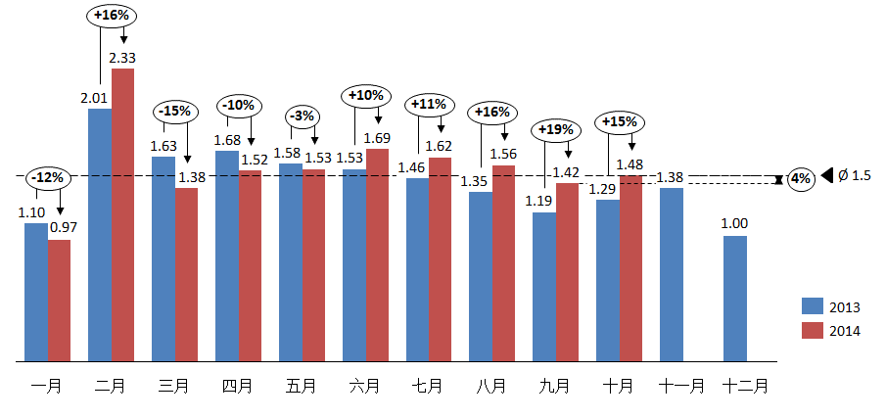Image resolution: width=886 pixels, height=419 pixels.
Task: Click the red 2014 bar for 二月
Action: click(x=123, y=214)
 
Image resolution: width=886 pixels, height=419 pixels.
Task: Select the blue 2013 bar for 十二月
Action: click(x=735, y=298)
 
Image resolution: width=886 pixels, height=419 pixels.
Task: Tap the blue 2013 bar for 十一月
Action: click(x=672, y=274)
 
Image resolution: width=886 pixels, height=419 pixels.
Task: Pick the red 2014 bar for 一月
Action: click(x=60, y=300)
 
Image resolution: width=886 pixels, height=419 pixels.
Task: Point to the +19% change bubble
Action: click(x=554, y=129)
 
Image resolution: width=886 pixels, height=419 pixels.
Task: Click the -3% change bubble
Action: click(x=302, y=116)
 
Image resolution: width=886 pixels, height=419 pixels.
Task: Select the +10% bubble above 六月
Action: click(x=365, y=96)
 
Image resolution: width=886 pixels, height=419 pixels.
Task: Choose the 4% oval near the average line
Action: click(x=801, y=179)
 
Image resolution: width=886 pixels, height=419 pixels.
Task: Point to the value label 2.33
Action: click(x=122, y=59)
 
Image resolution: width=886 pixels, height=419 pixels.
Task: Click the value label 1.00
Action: click(x=735, y=224)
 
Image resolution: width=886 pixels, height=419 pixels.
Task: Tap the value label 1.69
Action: click(x=378, y=138)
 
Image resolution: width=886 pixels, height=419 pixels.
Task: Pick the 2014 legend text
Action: click(x=845, y=331)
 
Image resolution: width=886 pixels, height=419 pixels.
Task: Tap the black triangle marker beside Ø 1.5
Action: click(x=827, y=175)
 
